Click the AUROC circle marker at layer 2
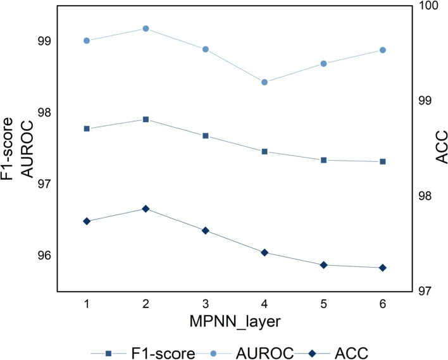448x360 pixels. tap(146, 28)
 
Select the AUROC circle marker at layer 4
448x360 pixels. tap(264, 82)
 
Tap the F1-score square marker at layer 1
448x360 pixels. tap(87, 128)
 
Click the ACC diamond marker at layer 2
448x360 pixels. tap(146, 209)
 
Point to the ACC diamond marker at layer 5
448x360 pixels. tap(323, 265)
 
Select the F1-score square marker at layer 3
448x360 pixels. tap(205, 136)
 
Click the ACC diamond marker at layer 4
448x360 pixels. tap(264, 252)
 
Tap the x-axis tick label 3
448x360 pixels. tap(205, 304)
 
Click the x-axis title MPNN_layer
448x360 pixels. tap(235, 321)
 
